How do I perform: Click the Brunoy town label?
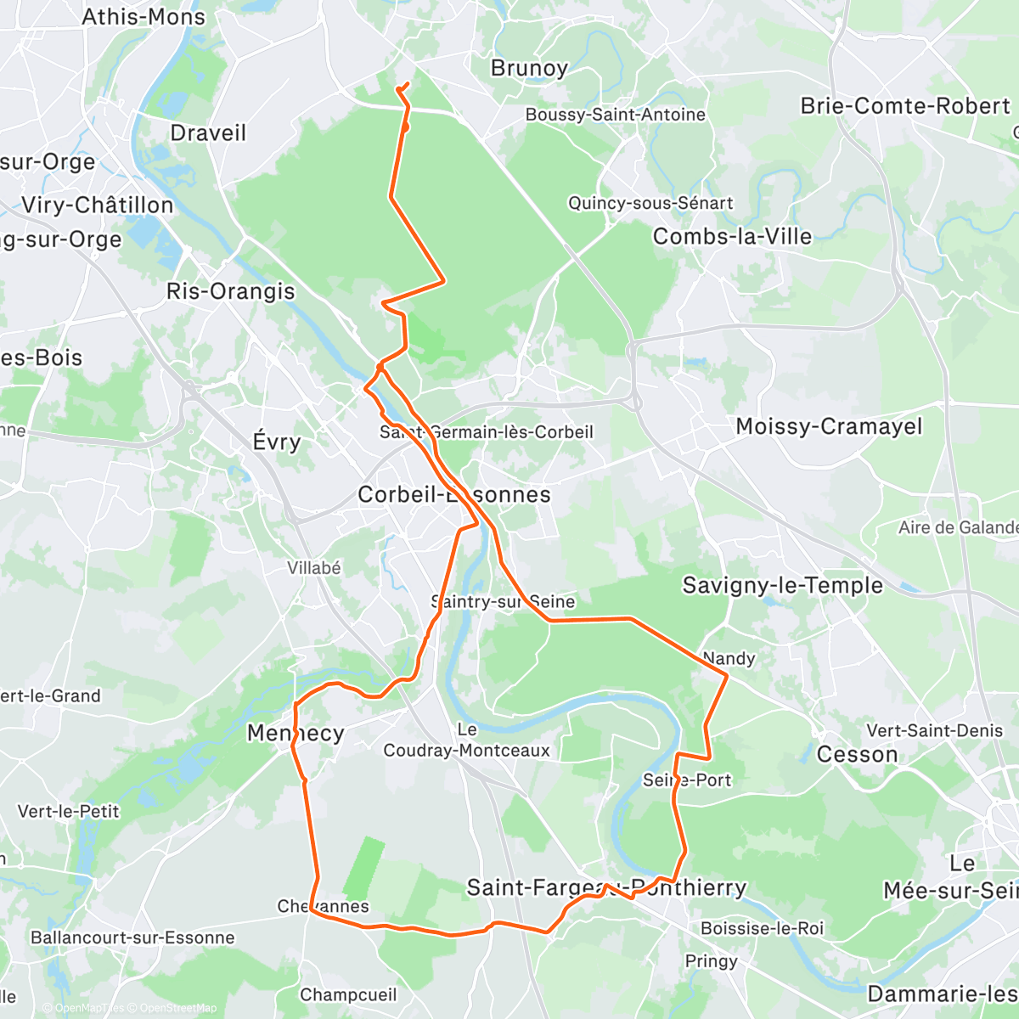tap(529, 68)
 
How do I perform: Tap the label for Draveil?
tap(208, 133)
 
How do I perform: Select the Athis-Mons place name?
tap(144, 16)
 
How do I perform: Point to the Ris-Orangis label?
tap(231, 291)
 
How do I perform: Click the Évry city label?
tap(277, 442)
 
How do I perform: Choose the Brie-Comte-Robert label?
tap(906, 106)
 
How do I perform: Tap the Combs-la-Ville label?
tap(732, 236)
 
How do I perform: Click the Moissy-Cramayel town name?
tap(829, 426)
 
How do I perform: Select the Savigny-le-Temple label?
tap(783, 585)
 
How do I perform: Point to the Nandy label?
tap(729, 659)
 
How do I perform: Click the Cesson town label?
tap(857, 755)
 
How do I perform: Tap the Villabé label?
tap(314, 568)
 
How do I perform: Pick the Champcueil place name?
tap(348, 994)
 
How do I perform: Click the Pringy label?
tap(712, 961)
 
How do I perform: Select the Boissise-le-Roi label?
tap(762, 928)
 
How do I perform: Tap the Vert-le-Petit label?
tap(69, 812)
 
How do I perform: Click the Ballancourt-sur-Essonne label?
tap(132, 938)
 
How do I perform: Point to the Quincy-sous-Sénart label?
tap(650, 203)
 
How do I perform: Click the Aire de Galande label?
tap(958, 528)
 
